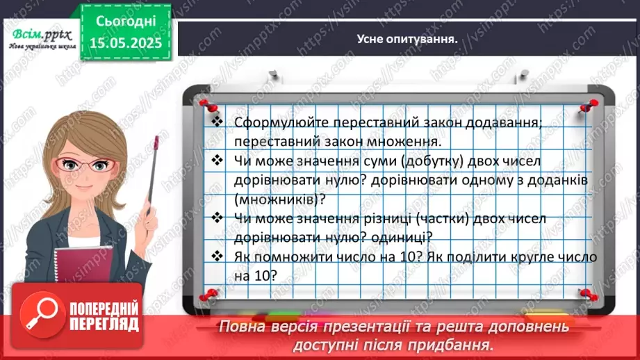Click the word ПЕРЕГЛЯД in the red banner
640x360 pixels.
[x=103, y=325]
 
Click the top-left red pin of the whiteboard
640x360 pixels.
[x=205, y=104]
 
